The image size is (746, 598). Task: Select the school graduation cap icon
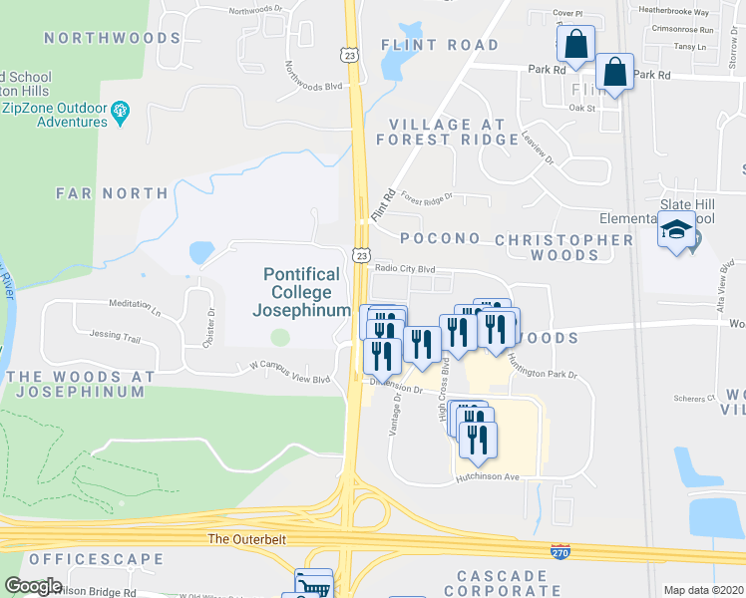pyautogui.click(x=675, y=231)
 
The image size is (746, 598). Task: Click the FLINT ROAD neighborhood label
pyautogui.click(x=440, y=45)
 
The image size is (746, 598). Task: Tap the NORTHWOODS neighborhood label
pyautogui.click(x=112, y=38)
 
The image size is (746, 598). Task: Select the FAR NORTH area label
pyautogui.click(x=112, y=192)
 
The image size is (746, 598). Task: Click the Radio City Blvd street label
pyautogui.click(x=405, y=268)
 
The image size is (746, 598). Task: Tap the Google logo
pyautogui.click(x=33, y=586)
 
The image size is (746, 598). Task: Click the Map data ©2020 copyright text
pyautogui.click(x=703, y=590)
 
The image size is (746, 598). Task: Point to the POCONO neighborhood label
pyautogui.click(x=440, y=239)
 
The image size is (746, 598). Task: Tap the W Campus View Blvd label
pyautogui.click(x=289, y=378)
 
